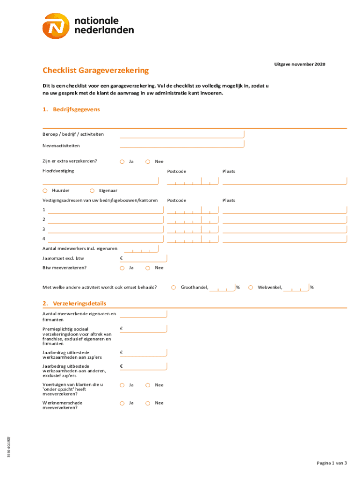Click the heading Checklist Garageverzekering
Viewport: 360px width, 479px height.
point(95,71)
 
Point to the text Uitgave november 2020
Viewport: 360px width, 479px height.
point(299,64)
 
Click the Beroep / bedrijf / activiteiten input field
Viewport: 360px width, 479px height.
point(182,134)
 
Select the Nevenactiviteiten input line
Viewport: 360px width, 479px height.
point(182,145)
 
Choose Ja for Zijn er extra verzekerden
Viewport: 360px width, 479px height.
point(122,162)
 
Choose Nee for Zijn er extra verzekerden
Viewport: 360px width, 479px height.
point(148,162)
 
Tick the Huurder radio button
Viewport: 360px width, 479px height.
point(45,191)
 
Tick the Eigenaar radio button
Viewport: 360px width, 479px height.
point(93,191)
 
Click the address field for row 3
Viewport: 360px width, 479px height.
point(106,229)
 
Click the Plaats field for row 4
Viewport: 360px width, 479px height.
point(284,239)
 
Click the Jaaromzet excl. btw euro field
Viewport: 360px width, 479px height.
point(143,258)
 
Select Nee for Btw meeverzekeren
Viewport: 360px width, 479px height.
point(148,268)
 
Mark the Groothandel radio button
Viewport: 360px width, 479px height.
point(173,287)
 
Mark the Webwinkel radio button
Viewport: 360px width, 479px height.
point(251,287)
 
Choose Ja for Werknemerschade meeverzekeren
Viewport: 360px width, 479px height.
point(122,403)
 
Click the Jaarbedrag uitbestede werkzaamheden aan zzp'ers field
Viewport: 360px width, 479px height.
point(143,352)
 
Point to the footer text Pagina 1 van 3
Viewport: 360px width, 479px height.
point(331,463)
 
